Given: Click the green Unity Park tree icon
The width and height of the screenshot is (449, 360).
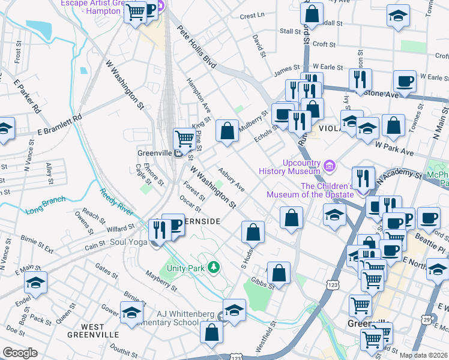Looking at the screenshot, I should pos(214,266).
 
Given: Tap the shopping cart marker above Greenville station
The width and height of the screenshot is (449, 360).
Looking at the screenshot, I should pos(184,138).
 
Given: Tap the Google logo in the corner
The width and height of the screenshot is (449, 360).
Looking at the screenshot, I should pos(20,353).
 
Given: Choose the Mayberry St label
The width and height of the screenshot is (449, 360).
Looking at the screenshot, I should pos(161,281).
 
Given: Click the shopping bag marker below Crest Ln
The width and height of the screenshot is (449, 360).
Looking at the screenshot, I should pos(312,13).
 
